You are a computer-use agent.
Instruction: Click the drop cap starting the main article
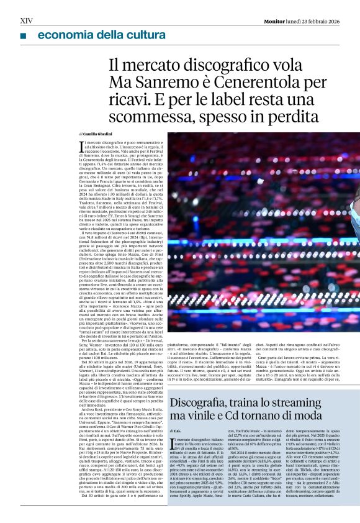pyautogui.click(x=82, y=147)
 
